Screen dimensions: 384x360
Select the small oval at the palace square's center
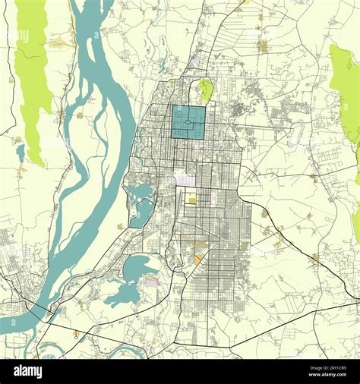click(x=188, y=122)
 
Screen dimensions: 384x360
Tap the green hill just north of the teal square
click(x=204, y=90)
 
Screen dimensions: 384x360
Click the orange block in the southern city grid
click(x=197, y=260)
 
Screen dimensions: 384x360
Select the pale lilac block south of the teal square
click(x=185, y=181)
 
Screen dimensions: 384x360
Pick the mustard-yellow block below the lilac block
click(x=192, y=200)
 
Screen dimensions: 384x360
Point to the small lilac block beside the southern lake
click(x=152, y=282)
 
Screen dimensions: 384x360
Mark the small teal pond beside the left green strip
click(x=21, y=153)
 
